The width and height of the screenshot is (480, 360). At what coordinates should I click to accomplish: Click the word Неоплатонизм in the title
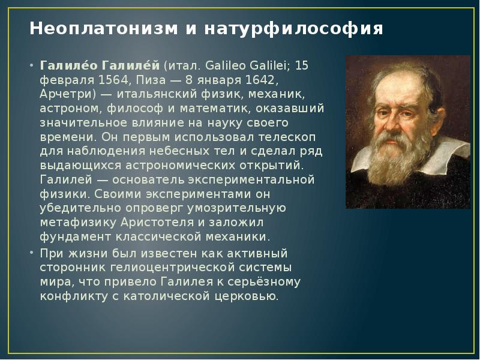103,28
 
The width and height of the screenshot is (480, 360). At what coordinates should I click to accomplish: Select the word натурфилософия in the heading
293,29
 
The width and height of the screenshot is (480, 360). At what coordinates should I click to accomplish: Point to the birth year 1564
113,80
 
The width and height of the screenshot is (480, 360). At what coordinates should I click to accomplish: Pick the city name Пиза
149,80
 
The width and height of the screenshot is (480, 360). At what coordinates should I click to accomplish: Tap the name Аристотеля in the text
157,223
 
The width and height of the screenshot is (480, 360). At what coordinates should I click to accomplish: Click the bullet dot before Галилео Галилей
32,65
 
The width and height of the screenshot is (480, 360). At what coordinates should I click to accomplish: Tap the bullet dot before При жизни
32,253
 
